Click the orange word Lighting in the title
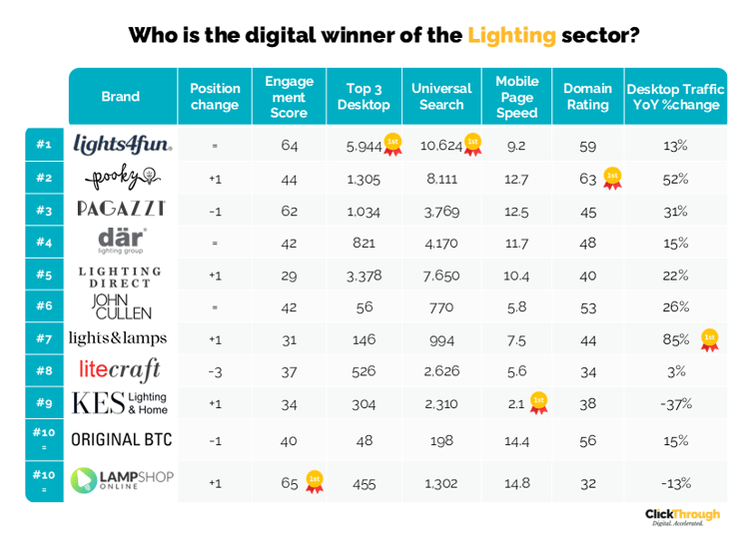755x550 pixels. point(510,36)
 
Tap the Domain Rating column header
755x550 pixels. point(587,97)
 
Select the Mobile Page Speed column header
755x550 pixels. point(516,97)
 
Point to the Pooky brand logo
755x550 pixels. point(122,179)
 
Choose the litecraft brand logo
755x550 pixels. point(120,370)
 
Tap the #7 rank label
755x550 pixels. point(44,339)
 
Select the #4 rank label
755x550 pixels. point(44,243)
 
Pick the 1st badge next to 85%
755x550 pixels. point(709,339)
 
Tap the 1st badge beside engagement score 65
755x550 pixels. point(314,481)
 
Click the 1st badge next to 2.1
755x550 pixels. point(538,402)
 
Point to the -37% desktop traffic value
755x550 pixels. point(675,404)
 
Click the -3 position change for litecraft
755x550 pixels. point(215,371)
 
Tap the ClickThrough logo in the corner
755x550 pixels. point(682,516)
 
